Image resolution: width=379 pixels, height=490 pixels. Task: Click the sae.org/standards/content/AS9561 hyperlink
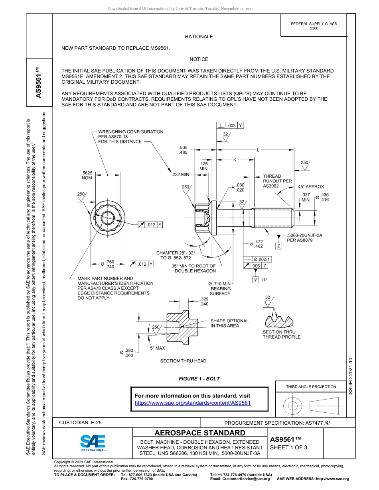point(193,403)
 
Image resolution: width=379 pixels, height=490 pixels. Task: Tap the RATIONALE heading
point(199,37)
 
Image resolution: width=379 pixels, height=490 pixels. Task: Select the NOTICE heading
point(199,59)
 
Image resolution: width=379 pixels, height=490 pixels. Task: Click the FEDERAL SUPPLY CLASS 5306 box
point(314,26)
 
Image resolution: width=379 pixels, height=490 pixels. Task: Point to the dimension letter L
point(258,150)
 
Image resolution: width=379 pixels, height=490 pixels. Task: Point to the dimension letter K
point(235,160)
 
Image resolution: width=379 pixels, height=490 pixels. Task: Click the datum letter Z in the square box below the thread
point(279,246)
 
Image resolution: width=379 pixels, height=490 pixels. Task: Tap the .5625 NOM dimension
point(87,175)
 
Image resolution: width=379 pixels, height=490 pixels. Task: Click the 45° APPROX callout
point(311,186)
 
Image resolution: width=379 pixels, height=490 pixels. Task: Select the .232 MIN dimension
point(180,174)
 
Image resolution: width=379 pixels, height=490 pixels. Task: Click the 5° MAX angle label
point(157,348)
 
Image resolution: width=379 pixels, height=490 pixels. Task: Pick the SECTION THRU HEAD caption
point(183,361)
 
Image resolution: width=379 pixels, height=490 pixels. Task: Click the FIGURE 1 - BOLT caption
point(199,379)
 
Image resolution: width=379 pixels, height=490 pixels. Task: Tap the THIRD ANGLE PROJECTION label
point(311,386)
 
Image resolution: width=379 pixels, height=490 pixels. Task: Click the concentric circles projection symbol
point(293,406)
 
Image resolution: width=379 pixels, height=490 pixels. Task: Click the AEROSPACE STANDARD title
point(200,433)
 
